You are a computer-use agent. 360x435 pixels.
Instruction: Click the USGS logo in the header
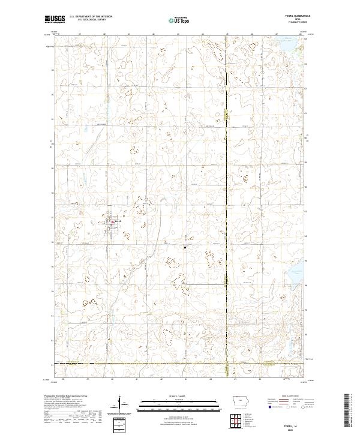click(55, 19)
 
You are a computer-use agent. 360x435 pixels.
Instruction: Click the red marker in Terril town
click(112, 222)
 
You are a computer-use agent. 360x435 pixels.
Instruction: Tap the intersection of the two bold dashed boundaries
click(227, 364)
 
